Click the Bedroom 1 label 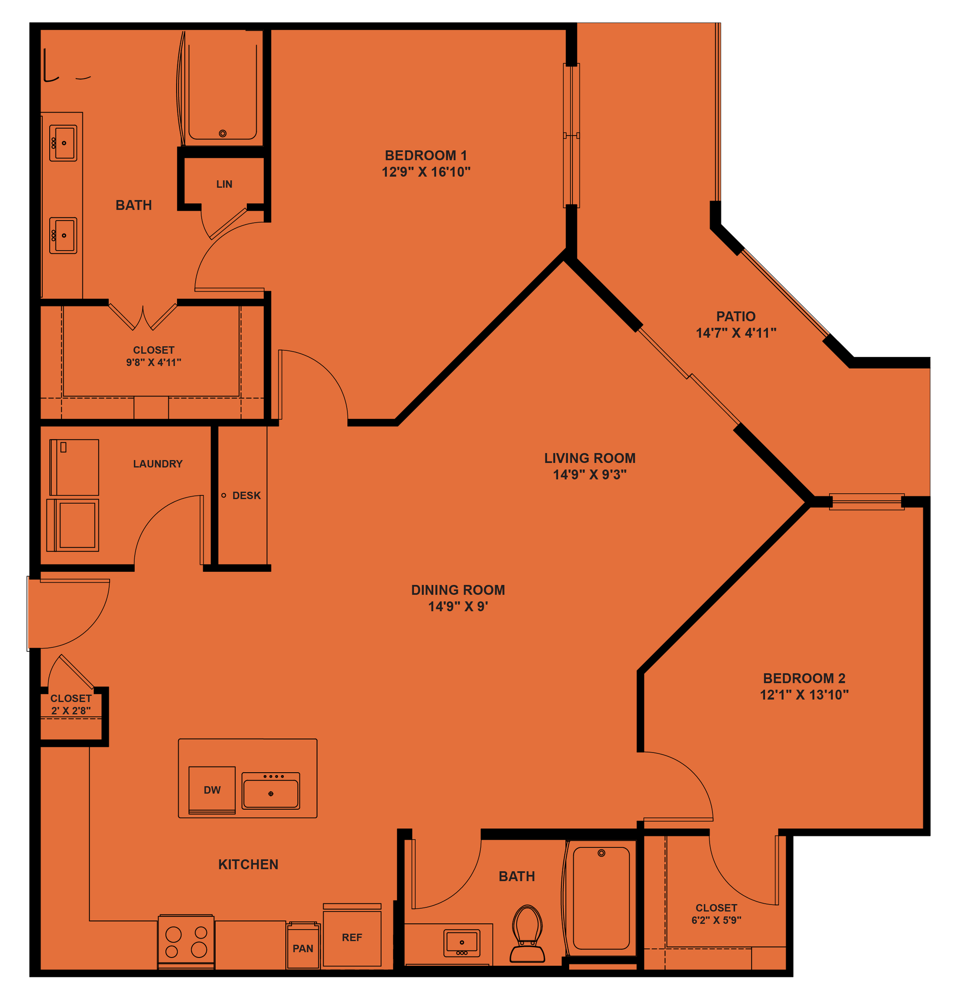tap(425, 155)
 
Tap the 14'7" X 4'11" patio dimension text tap(736, 333)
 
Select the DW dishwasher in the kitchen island tap(212, 790)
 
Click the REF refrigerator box tap(352, 938)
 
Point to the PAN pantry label tap(303, 949)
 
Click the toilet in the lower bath tap(527, 933)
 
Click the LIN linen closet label tap(224, 184)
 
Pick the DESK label tap(246, 496)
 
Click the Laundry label tap(158, 464)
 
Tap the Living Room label tap(590, 458)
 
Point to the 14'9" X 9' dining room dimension tap(458, 606)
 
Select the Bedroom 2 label tap(804, 679)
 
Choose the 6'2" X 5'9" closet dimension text tap(716, 920)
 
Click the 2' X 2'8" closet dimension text tap(71, 710)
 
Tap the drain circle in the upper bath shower tap(223, 134)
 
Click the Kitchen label tap(248, 864)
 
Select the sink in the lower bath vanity tap(462, 942)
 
